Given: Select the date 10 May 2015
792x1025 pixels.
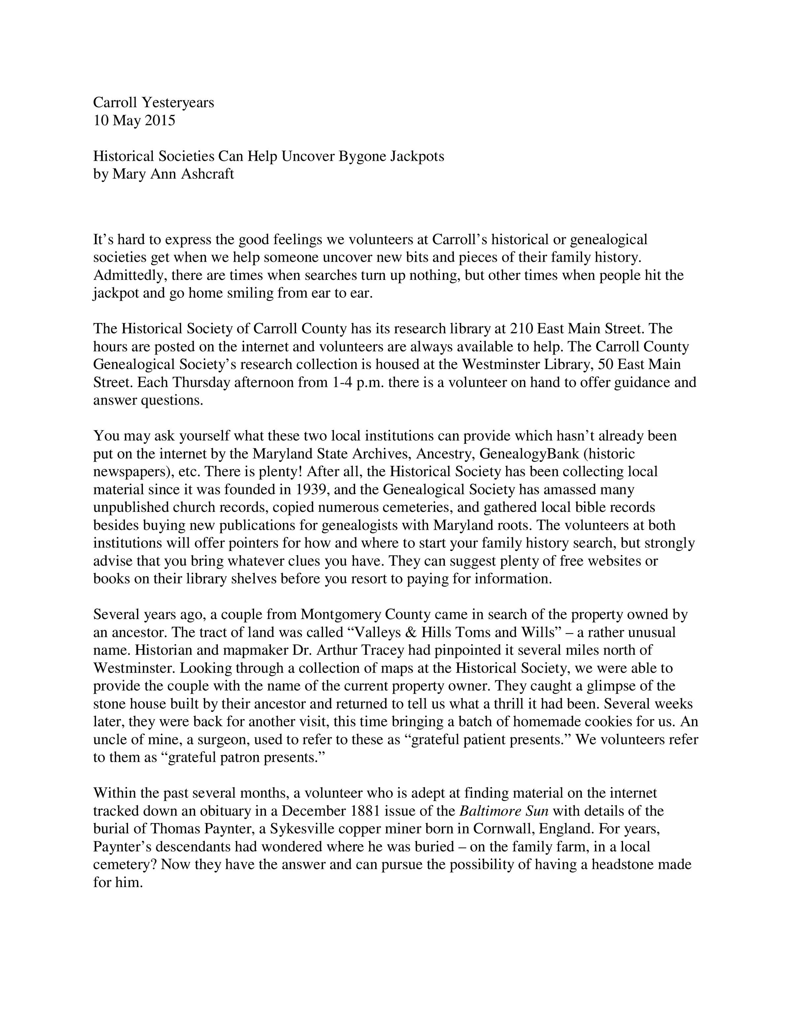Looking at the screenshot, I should [x=134, y=120].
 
